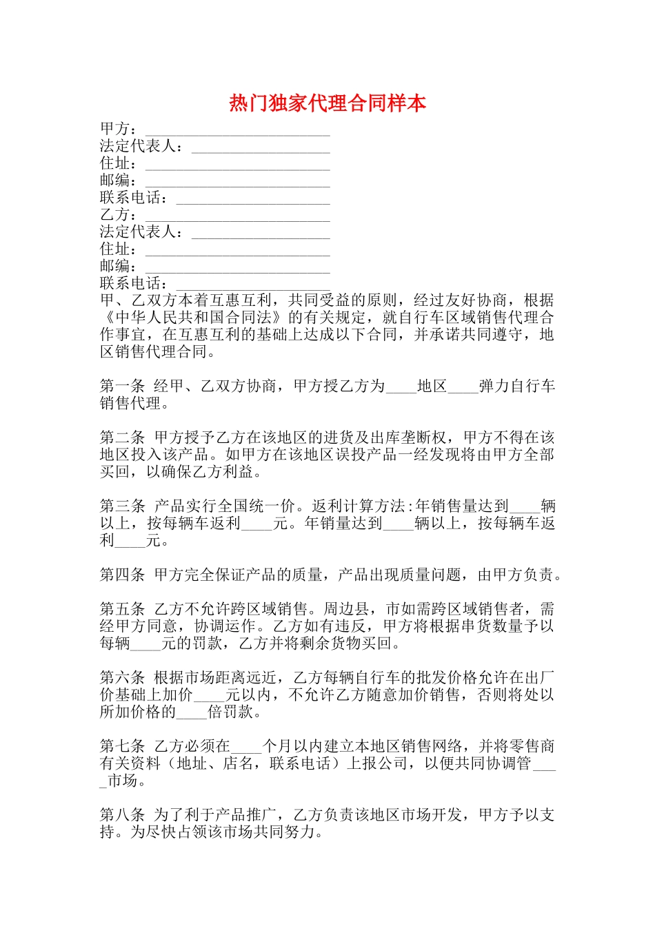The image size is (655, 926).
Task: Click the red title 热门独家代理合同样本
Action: [x=327, y=103]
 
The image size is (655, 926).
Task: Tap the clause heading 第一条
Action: [x=123, y=387]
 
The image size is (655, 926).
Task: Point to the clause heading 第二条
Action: [x=123, y=438]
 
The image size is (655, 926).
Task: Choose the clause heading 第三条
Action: [x=123, y=506]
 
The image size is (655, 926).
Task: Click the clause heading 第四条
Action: [x=123, y=575]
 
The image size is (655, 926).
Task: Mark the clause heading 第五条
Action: [x=123, y=609]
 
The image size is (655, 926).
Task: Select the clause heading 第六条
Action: [x=123, y=678]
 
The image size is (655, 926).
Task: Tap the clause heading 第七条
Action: [x=123, y=746]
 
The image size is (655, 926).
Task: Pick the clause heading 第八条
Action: [x=123, y=815]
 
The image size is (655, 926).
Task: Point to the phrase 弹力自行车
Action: [x=517, y=387]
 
